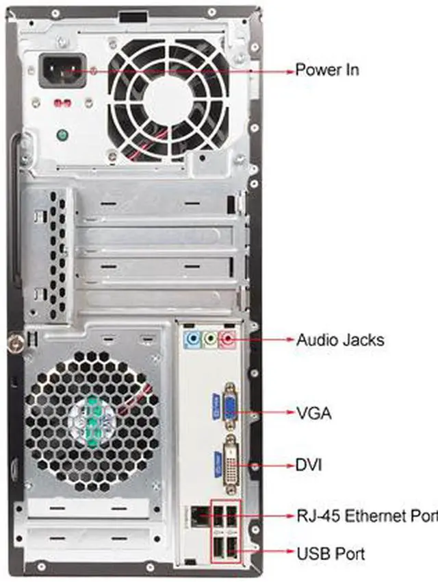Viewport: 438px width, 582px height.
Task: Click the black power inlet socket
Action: (x=62, y=71)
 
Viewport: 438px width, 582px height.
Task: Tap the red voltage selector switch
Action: (x=63, y=104)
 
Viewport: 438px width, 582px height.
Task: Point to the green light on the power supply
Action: (x=63, y=135)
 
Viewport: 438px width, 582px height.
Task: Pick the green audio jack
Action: (x=211, y=338)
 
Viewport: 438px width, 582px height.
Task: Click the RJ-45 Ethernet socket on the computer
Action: (x=198, y=514)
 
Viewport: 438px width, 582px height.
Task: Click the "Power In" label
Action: (x=326, y=70)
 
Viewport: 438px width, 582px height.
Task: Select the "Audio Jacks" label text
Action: (x=339, y=339)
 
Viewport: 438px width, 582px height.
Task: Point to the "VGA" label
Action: (x=313, y=413)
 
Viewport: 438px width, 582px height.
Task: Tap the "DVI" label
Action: (x=309, y=465)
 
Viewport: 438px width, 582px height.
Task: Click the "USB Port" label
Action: (x=331, y=553)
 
